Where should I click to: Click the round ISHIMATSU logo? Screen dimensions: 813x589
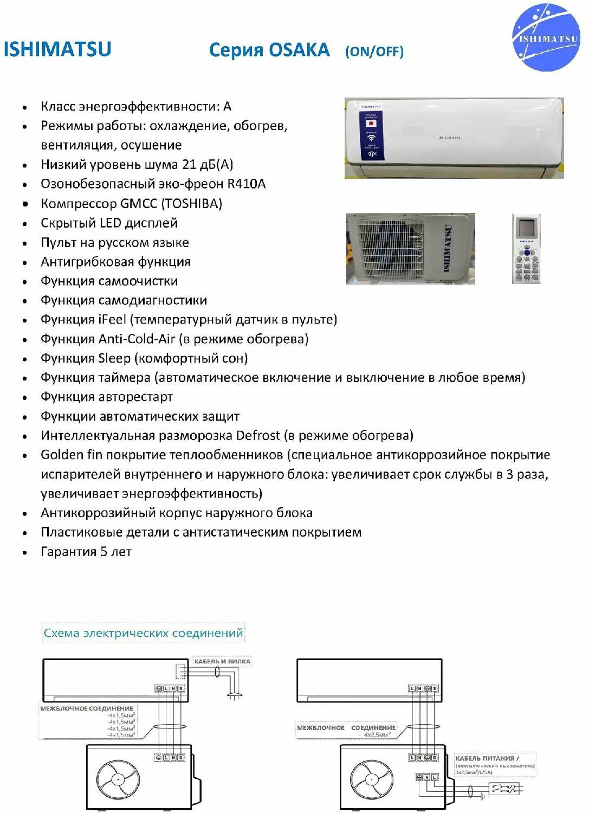[x=546, y=37]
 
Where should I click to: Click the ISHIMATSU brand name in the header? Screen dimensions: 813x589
[x=57, y=49]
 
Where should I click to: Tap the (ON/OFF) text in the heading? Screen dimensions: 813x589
[x=374, y=51]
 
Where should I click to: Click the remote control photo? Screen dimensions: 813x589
[x=526, y=249]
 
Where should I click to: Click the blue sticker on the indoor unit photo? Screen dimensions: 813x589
[x=372, y=135]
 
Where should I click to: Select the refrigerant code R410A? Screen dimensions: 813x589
[x=247, y=184]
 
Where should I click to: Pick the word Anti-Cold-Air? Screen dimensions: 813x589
[x=137, y=339]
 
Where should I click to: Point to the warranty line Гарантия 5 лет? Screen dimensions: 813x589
[x=86, y=552]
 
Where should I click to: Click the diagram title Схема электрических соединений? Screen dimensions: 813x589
[x=143, y=633]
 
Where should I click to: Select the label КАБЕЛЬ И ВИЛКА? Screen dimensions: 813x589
[x=222, y=661]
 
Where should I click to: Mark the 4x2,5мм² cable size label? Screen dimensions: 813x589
[x=377, y=735]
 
